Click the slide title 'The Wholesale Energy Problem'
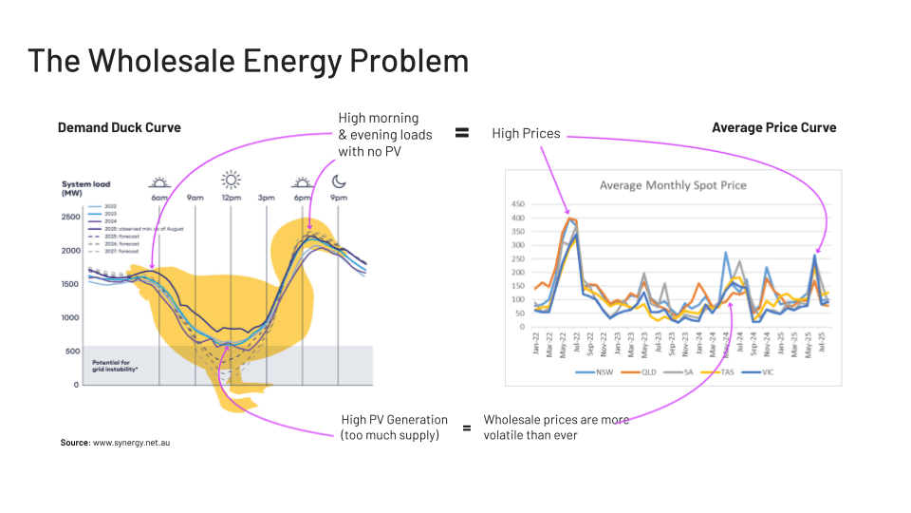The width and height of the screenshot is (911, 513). pyautogui.click(x=248, y=61)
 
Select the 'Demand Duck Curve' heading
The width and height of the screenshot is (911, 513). pyautogui.click(x=119, y=127)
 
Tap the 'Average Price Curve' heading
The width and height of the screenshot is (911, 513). pyautogui.click(x=773, y=127)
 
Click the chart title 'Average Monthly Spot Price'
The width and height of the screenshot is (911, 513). pyautogui.click(x=673, y=184)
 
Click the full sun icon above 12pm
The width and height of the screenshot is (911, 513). pyautogui.click(x=231, y=180)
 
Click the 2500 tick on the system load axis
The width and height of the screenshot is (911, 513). pyautogui.click(x=71, y=218)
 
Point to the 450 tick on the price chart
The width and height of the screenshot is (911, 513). pyautogui.click(x=517, y=204)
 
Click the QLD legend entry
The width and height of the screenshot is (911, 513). pyautogui.click(x=645, y=373)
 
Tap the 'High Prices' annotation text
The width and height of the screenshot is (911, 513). pyautogui.click(x=526, y=134)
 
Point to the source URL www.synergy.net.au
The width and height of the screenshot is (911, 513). pyautogui.click(x=132, y=443)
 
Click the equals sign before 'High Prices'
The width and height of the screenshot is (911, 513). pyautogui.click(x=462, y=133)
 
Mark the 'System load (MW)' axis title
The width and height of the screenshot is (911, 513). pyautogui.click(x=84, y=189)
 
